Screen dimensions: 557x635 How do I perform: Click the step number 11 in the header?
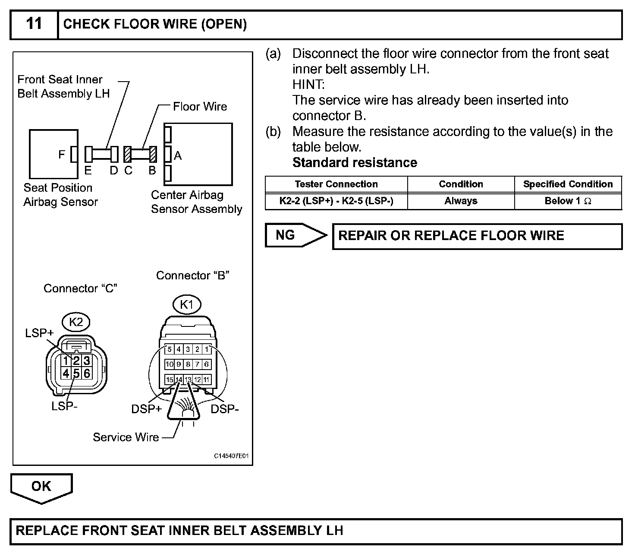point(34,23)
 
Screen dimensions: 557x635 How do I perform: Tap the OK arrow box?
point(41,487)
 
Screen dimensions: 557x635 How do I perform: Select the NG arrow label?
point(286,235)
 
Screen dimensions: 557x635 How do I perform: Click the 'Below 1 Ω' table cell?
point(568,201)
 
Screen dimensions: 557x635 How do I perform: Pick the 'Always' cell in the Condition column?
point(461,201)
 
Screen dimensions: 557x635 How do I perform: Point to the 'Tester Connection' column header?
point(336,184)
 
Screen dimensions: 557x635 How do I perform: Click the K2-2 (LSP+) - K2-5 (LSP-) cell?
point(336,201)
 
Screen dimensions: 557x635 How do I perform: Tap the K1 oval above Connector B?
point(187,305)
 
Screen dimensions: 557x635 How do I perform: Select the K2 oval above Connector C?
point(76,322)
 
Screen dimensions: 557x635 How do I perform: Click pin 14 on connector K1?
point(179,380)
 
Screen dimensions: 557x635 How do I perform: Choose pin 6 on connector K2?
point(87,373)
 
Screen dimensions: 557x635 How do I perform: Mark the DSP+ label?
point(146,409)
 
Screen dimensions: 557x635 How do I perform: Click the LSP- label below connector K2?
point(64,406)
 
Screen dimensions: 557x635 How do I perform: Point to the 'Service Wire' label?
point(126,437)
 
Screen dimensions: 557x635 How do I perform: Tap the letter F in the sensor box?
point(62,155)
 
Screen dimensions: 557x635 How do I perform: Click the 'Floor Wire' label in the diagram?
point(200,107)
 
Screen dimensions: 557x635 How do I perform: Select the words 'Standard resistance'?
point(355,163)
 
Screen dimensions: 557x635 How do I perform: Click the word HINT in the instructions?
point(308,85)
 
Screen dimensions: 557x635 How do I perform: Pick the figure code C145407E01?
point(231,456)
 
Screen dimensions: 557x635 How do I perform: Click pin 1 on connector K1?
point(207,349)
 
